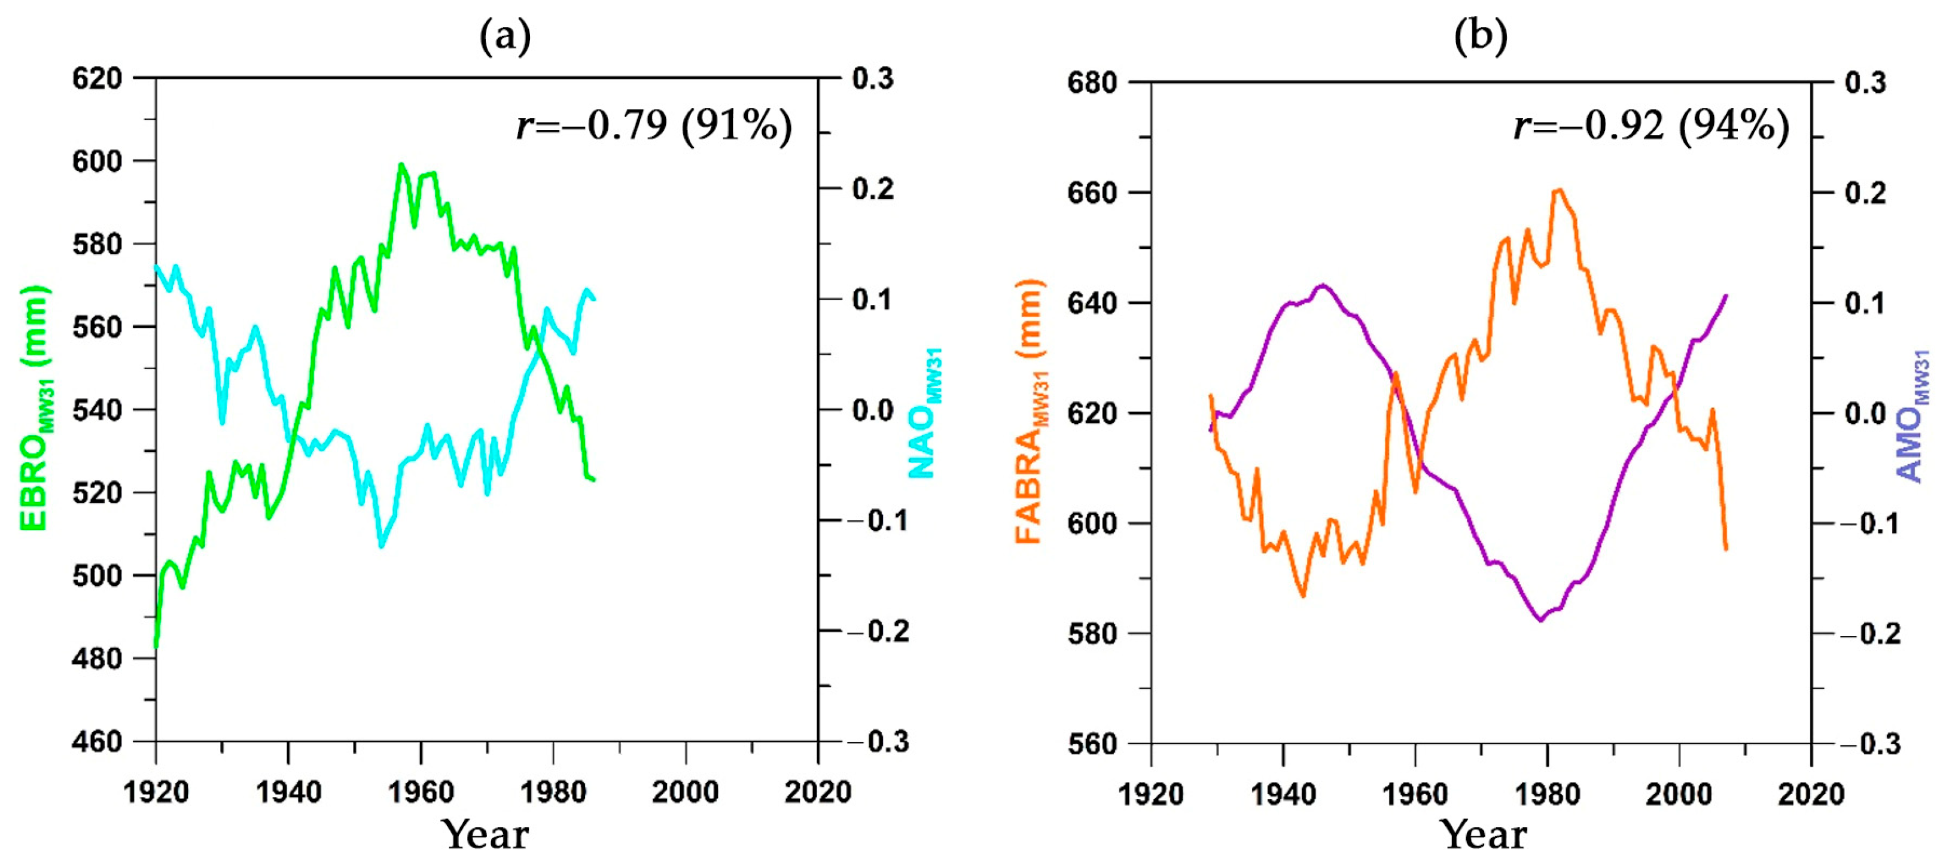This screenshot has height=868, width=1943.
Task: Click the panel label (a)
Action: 505,35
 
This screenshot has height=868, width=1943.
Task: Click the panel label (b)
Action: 1481,35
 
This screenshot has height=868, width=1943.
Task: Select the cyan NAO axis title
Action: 925,413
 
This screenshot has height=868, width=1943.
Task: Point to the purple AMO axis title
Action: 1912,416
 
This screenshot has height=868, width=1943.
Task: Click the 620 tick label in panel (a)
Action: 96,78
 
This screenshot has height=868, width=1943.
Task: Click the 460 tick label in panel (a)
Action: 96,741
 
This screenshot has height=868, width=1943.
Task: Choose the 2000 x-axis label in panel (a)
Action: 685,792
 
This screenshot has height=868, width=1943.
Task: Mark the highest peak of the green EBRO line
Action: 401,165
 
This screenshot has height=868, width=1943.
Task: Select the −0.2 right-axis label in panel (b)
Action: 1871,634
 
